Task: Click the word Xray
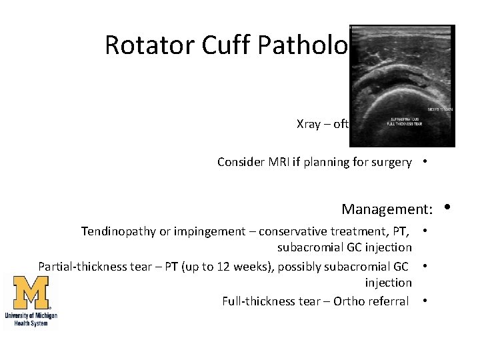309,124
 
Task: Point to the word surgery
391,162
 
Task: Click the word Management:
387,209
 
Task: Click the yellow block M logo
30,293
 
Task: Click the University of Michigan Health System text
31,319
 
